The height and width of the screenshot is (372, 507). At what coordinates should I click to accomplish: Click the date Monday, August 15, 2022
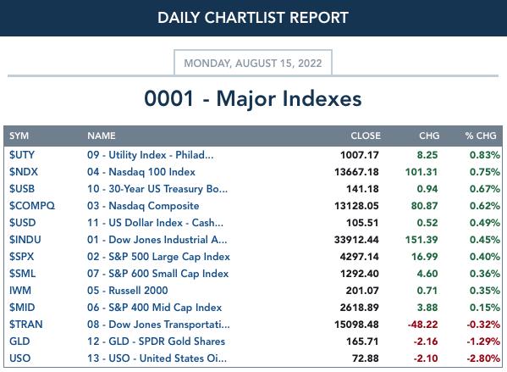[253, 63]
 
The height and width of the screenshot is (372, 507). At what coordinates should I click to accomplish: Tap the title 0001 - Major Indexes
[253, 98]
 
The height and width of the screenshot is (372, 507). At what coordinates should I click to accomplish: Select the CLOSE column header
[366, 136]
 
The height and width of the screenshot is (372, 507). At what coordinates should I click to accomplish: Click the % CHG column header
[481, 136]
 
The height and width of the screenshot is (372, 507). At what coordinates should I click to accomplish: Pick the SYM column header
[19, 136]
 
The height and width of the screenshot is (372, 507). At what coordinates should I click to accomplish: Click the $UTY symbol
[22, 155]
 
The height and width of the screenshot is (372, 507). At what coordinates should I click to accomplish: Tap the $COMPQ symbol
[32, 206]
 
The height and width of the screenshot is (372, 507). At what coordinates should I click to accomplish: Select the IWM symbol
[20, 290]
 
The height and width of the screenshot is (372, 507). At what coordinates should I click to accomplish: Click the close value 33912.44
[356, 240]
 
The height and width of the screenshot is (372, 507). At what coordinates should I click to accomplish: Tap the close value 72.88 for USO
[365, 358]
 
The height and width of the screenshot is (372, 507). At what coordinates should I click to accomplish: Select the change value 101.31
[422, 172]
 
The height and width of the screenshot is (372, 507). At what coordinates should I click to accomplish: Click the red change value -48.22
[422, 324]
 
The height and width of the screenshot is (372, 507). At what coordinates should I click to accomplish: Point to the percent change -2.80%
[483, 358]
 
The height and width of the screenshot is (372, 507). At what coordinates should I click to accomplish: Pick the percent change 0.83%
[485, 155]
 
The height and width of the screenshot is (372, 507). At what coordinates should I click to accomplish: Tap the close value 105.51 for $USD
[362, 223]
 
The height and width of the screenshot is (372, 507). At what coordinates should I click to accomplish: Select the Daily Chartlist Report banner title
[253, 18]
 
